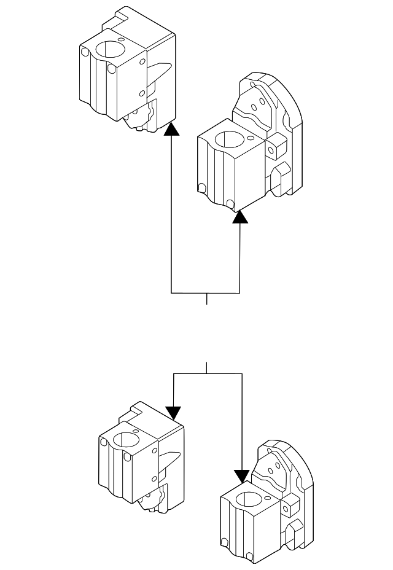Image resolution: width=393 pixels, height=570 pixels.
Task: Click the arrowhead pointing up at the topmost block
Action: pos(172,128)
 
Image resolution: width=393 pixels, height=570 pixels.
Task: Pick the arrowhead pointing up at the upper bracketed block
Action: pos(240,217)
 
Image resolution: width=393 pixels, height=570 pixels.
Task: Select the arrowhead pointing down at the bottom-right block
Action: pos(242,475)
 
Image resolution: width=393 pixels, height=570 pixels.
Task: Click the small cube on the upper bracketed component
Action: pos(277,147)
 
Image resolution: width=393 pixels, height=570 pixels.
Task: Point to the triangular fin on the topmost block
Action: pos(159,71)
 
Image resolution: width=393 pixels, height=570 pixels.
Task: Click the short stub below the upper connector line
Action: pos(207,299)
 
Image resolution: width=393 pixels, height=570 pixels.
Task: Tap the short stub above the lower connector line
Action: pos(207,367)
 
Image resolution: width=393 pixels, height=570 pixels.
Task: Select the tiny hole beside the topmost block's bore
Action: pos(122,39)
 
